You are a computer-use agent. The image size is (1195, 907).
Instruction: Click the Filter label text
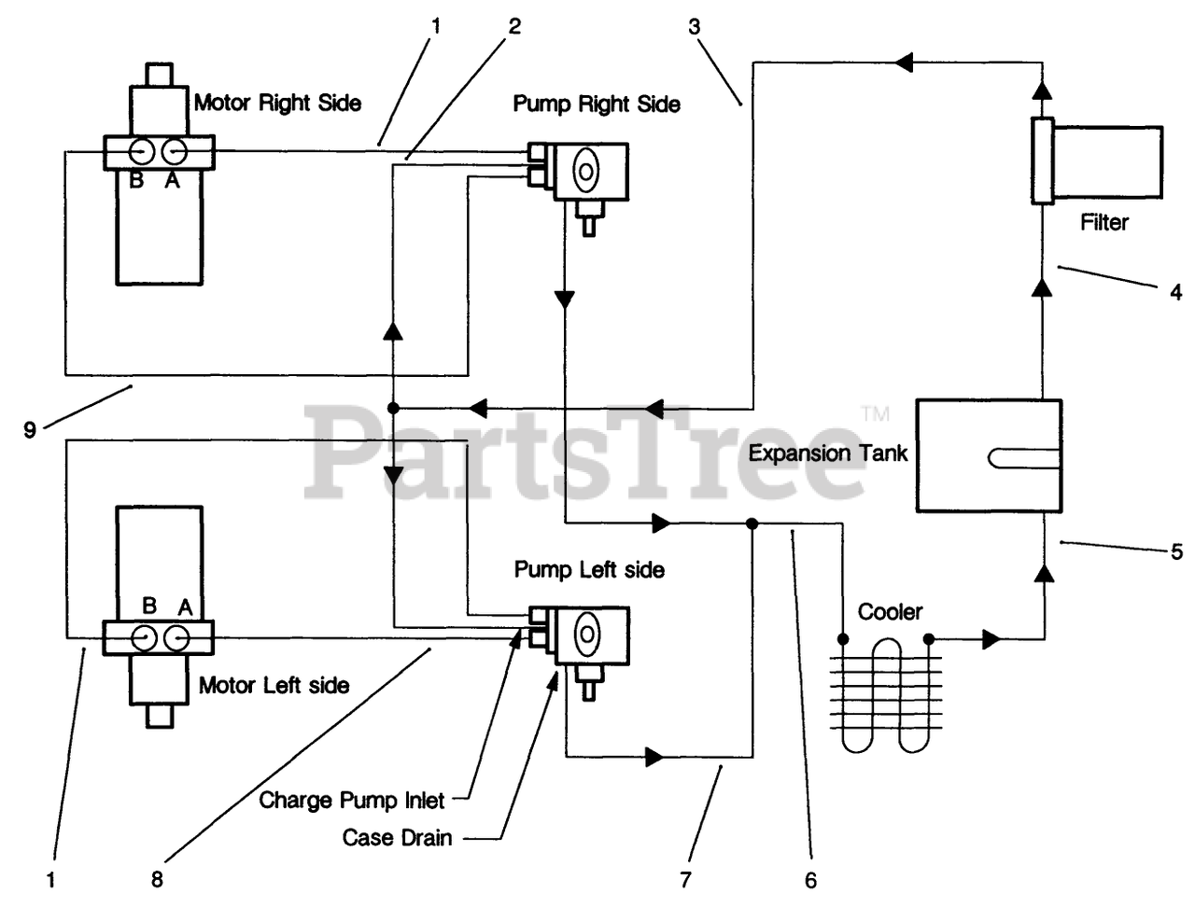pos(1104,222)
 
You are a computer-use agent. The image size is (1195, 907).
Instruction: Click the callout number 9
pos(30,430)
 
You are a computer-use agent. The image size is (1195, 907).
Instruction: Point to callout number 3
pos(695,26)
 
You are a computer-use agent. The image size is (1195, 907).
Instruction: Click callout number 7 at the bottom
pos(685,880)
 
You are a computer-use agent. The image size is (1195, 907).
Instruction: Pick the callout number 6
pos(810,880)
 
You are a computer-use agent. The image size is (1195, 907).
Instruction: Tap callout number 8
pos(158,880)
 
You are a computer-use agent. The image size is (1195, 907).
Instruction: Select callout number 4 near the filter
pos(1176,293)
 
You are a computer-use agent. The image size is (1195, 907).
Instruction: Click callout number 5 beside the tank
pos(1177,551)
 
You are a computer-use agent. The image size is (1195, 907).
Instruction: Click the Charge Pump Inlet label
pos(352,801)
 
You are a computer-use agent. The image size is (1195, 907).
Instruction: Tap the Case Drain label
pos(397,838)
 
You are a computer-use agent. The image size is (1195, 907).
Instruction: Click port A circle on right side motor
pos(175,152)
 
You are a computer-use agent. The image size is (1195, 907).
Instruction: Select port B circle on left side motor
pos(143,637)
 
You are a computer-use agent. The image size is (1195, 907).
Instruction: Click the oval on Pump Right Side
pos(585,171)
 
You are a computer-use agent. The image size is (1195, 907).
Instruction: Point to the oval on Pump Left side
pos(587,635)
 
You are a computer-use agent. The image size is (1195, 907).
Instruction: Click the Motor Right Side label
pos(277,103)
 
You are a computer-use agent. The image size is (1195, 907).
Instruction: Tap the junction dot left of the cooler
pos(843,639)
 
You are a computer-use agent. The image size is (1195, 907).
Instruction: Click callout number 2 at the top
pos(514,26)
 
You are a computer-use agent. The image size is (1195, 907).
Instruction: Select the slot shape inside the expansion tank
pos(1024,458)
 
